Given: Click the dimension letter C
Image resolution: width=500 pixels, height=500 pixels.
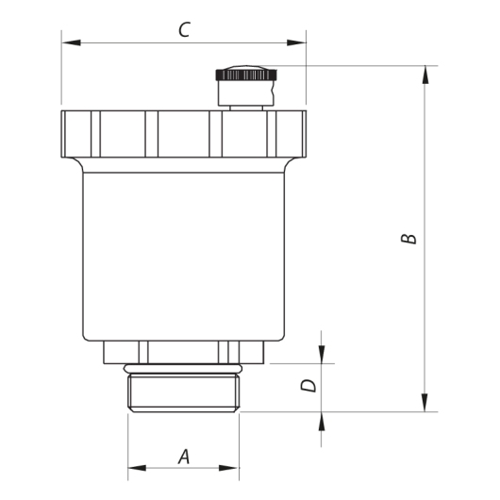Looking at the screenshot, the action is click(184, 29).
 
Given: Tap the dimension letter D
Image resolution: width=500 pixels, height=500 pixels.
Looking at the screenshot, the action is click(308, 386).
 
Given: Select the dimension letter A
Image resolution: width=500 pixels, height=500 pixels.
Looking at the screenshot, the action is click(184, 457).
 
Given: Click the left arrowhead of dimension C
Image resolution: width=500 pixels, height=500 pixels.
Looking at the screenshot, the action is click(71, 42).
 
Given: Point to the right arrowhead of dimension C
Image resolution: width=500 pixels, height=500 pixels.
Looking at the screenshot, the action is click(296, 42).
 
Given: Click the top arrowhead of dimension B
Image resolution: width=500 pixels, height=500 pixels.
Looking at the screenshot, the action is click(425, 75).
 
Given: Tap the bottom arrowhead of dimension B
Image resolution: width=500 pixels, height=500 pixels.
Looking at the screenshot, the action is click(425, 403).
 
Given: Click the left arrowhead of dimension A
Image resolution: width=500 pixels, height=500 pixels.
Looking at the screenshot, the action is click(137, 468).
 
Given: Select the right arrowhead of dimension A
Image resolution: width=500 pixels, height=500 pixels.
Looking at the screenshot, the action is click(228, 468).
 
